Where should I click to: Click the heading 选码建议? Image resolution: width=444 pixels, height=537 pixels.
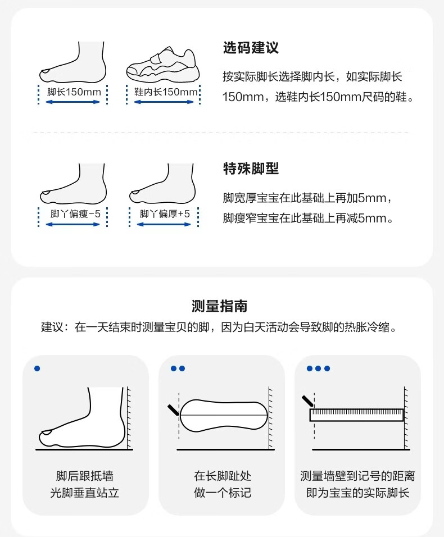(251, 48)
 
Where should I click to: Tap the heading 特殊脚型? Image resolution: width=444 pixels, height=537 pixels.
(251, 168)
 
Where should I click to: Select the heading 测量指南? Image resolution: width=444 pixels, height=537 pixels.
(220, 306)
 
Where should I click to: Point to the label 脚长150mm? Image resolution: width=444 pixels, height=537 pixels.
(74, 92)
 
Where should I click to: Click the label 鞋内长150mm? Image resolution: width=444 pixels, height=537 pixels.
(166, 92)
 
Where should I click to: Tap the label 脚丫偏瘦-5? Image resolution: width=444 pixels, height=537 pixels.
(75, 213)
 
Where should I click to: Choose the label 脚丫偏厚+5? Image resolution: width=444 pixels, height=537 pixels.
(165, 213)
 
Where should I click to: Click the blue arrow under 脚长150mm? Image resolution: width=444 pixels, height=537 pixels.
(73, 102)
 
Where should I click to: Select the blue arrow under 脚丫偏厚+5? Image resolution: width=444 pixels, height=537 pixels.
(164, 224)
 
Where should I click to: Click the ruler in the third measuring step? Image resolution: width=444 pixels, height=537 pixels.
(357, 415)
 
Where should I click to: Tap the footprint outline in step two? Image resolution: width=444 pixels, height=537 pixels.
(223, 415)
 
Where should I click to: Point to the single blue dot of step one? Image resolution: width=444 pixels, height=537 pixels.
(37, 368)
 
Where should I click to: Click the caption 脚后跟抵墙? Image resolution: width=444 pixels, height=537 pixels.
(85, 476)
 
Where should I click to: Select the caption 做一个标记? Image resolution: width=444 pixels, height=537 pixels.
(223, 493)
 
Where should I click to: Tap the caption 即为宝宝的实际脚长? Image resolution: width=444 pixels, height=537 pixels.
(357, 493)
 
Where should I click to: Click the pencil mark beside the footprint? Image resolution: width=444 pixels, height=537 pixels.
(173, 409)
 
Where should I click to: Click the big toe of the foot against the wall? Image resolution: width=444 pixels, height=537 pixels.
(47, 433)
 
